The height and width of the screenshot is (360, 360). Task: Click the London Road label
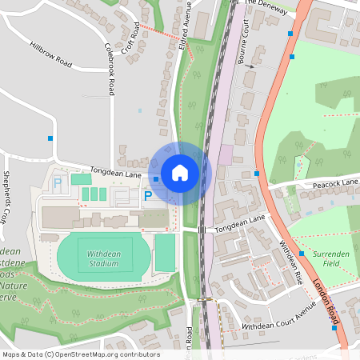(x=326, y=304)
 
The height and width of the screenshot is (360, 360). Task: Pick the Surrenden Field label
(x=330, y=258)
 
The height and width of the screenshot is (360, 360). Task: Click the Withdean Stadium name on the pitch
(x=103, y=258)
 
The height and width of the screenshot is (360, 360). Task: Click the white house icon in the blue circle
(x=180, y=173)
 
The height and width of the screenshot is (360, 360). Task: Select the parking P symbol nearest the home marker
(x=147, y=194)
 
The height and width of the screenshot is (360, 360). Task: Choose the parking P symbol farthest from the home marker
(x=57, y=183)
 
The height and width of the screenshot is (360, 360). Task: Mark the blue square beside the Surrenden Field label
(x=302, y=253)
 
